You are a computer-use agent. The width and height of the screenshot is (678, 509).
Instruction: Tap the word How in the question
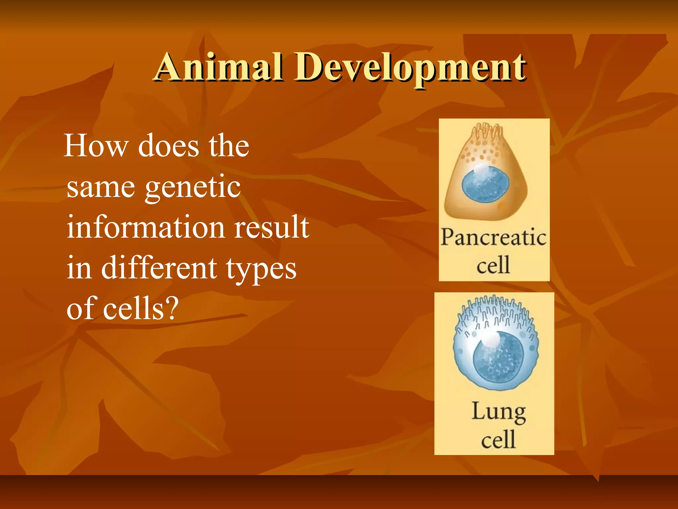96,146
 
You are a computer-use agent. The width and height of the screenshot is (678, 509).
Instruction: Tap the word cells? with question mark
141,309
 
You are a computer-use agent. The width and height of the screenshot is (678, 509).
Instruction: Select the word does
169,146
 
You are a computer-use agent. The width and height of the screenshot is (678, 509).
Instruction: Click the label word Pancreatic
493,238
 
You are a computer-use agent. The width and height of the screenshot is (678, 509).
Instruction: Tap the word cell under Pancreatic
493,265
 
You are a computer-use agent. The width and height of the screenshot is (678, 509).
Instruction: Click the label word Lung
498,412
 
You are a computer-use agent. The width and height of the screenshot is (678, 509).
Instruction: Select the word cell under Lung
498,440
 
